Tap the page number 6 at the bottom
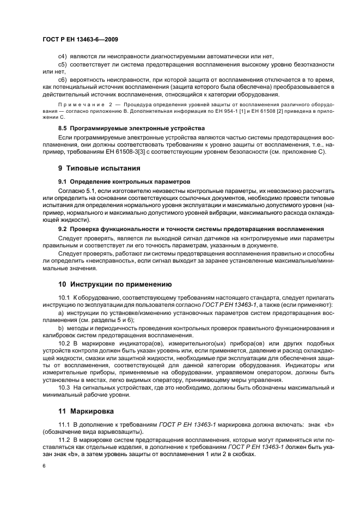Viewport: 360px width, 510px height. (44, 466)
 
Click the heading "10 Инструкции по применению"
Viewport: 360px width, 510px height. (115, 284)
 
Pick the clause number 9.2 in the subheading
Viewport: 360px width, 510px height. (62, 229)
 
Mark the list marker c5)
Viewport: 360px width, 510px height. (63, 64)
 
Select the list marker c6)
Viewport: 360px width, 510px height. (63, 80)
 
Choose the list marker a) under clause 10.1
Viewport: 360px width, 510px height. (60, 313)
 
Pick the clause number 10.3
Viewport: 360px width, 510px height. (64, 387)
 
